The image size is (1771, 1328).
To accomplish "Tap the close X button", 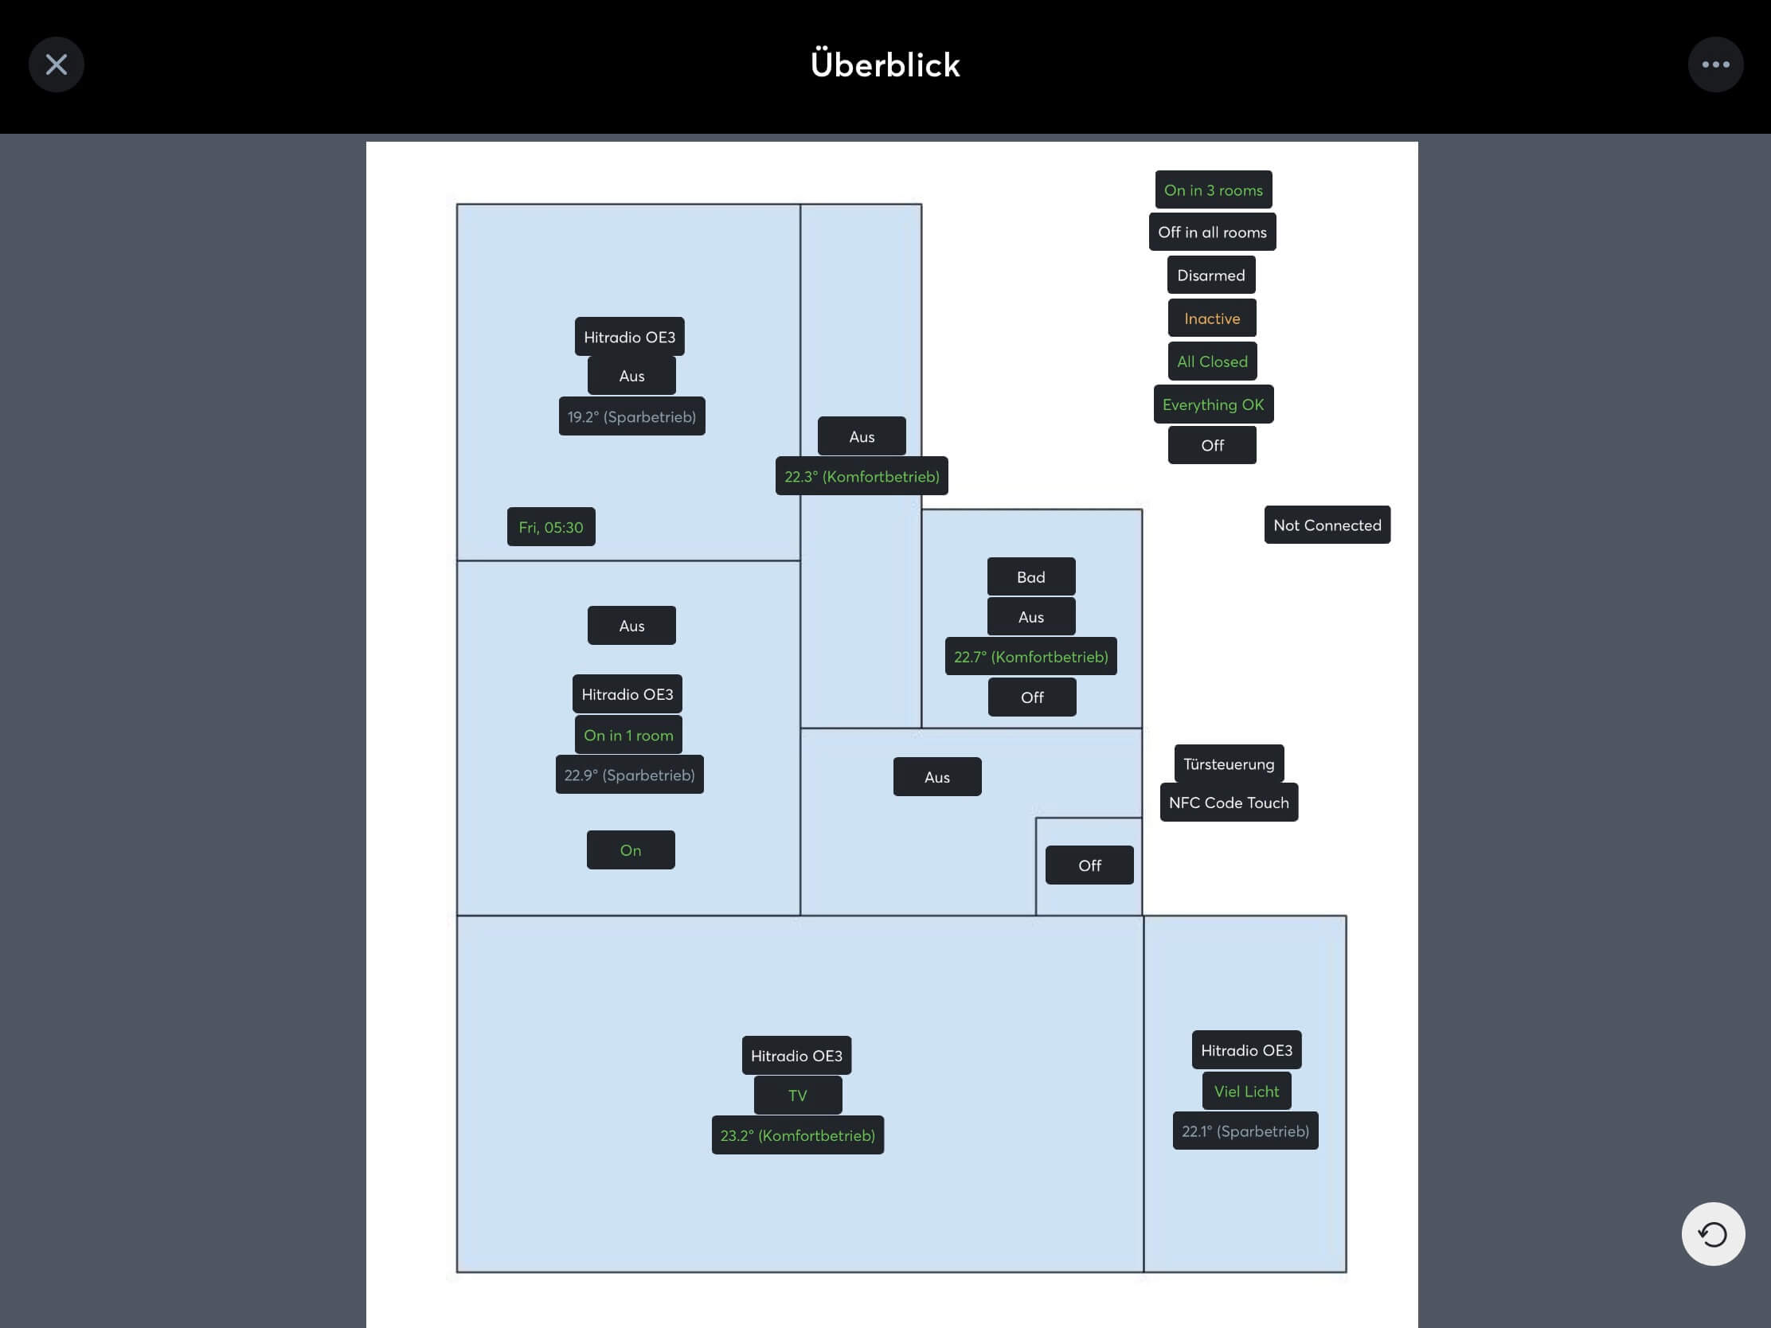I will (56, 64).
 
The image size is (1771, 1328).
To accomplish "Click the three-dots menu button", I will (1715, 64).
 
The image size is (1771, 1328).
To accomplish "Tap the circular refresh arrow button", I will (1713, 1233).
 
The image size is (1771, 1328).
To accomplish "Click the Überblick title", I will (885, 64).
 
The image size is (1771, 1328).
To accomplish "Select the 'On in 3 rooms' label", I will (1213, 189).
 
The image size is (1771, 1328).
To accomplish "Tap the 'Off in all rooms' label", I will (1212, 232).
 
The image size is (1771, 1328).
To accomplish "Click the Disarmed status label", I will (1210, 275).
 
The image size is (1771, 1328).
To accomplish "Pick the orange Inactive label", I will (1211, 318).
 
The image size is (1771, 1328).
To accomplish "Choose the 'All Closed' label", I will (1212, 361).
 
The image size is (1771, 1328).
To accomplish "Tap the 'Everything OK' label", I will (1213, 405).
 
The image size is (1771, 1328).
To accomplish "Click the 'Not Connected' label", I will (1327, 525).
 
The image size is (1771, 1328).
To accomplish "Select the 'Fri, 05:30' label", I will (551, 528).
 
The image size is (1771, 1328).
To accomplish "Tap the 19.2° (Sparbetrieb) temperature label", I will (631, 417).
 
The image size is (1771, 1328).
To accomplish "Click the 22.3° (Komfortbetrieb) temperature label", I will (862, 476).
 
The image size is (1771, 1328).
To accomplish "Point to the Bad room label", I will (1030, 577).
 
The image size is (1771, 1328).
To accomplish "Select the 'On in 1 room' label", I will (628, 735).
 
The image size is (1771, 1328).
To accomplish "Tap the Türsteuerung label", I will (1228, 764).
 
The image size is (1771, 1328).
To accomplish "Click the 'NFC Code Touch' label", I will (1228, 803).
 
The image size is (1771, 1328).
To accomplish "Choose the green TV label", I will (797, 1095).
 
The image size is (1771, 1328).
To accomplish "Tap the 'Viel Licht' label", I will (1245, 1091).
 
